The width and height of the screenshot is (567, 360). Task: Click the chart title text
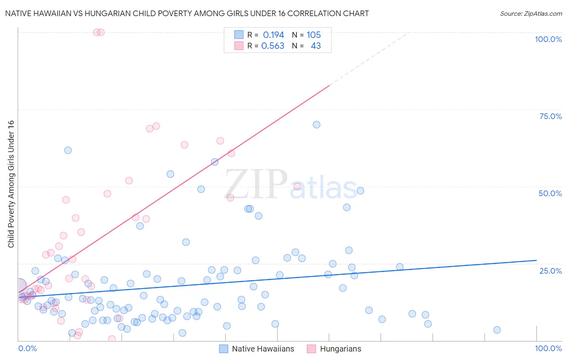[x=187, y=13]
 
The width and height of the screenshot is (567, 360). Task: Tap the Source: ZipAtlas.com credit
[x=531, y=13]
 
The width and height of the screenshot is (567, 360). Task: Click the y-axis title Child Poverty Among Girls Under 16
[x=11, y=184]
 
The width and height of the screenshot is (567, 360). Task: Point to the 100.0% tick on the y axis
[x=548, y=39]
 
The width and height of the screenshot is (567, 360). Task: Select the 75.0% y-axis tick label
[x=550, y=116]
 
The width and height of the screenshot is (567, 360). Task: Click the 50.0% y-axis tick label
[x=550, y=193]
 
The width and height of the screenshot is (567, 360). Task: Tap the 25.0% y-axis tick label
[x=550, y=271]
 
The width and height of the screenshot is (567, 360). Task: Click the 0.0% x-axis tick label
[x=27, y=348]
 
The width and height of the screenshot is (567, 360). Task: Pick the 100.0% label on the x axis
[x=548, y=348]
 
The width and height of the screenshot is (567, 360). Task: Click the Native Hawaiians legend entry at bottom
[x=263, y=349]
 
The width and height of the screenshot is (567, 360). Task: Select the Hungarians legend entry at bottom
[x=340, y=349]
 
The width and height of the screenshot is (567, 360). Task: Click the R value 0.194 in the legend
[x=273, y=35]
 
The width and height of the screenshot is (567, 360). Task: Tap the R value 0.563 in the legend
[x=273, y=46]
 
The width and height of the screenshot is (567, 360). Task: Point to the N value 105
[x=313, y=35]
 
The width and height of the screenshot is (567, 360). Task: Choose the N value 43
[x=316, y=46]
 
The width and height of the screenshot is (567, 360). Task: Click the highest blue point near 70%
[x=317, y=125]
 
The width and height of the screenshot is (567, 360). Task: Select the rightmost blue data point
[x=497, y=330]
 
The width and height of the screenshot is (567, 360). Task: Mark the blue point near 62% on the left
[x=68, y=150]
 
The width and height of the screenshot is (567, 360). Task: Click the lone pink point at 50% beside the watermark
[x=297, y=186]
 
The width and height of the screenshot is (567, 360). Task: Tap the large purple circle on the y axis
[x=19, y=285]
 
